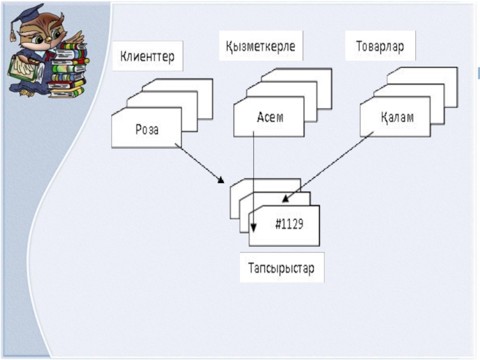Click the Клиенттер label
coord(148,56)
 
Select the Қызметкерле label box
coord(261,46)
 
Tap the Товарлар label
coord(380,46)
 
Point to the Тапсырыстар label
coord(281,267)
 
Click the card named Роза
coord(146,128)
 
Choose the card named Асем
coord(269,116)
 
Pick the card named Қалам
coord(395,116)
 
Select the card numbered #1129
coord(284,226)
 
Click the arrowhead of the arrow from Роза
coord(221,180)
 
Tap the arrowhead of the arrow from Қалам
coord(286,199)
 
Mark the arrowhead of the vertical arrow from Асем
coord(253,227)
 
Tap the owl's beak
coord(49,39)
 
